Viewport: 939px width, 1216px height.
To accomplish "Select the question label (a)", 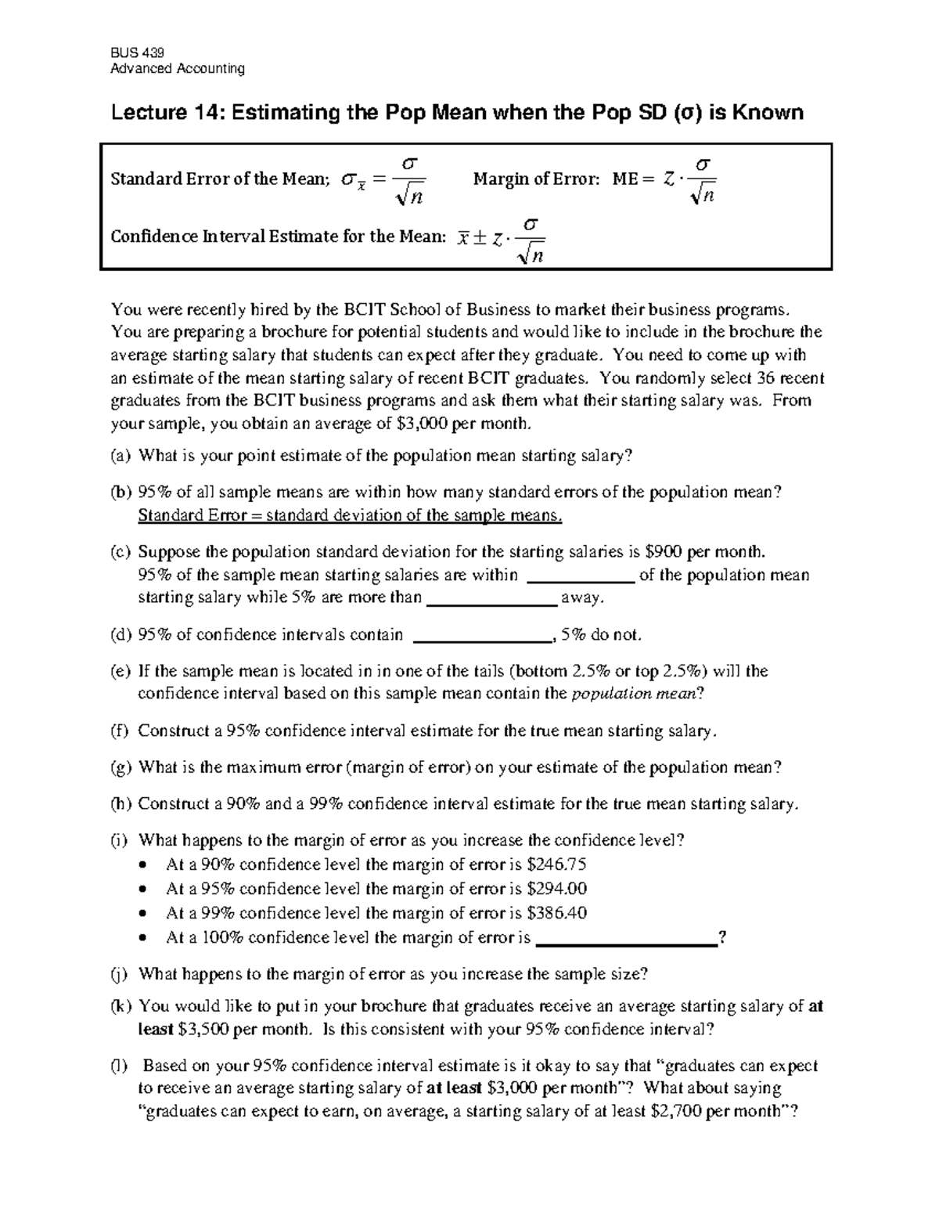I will coord(121,456).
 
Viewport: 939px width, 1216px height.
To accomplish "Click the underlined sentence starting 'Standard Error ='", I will coord(350,515).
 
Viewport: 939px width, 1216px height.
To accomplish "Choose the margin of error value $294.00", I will coord(557,889).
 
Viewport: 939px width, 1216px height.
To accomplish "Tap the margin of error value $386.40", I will coord(557,913).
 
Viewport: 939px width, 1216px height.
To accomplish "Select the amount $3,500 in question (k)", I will coord(203,1030).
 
